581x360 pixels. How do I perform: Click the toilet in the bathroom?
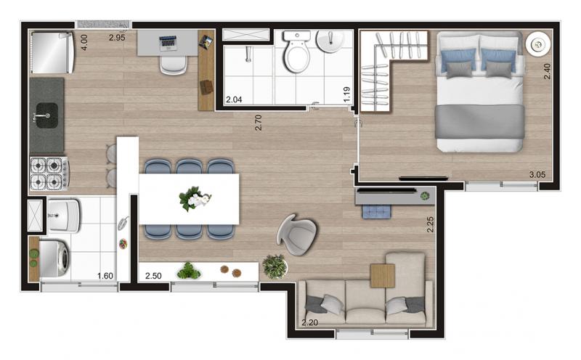coord(297,51)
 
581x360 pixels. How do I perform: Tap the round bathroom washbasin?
coord(330,41)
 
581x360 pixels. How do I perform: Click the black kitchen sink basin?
coord(47,115)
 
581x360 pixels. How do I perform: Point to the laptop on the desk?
coord(168,43)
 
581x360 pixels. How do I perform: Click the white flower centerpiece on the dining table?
coord(195,199)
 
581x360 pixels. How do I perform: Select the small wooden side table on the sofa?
coord(383,276)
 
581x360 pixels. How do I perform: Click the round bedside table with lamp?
coord(538,45)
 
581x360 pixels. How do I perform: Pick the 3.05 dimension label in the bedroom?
coord(537,175)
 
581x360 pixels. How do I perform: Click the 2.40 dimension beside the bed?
coord(547,71)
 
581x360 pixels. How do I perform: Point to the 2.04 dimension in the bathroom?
coord(234,99)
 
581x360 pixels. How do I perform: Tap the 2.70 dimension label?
coord(259,123)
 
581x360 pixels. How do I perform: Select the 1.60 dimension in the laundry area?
coord(105,276)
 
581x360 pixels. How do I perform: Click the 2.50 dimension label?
coord(153,276)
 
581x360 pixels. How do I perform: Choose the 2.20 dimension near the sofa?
coord(309,322)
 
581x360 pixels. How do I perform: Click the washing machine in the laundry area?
coord(54,258)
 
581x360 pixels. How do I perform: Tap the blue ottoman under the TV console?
coord(376,211)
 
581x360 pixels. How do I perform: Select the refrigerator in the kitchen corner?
coord(52,52)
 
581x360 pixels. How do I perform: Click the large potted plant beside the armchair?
coord(275,266)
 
